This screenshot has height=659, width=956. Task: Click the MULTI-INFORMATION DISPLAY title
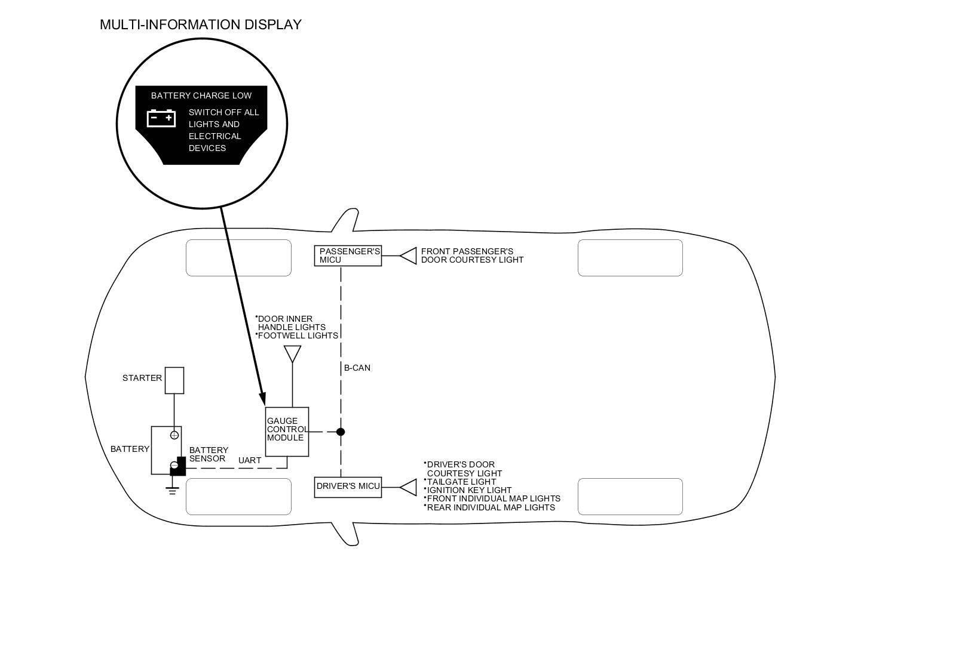200,24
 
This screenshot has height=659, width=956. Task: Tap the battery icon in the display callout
161,118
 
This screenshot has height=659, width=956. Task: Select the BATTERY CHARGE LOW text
201,96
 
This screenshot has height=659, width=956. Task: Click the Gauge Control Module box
287,432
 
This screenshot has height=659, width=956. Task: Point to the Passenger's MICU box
348,255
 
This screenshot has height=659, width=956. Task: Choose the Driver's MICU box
348,486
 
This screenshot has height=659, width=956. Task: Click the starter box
174,380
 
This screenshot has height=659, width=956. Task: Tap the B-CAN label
357,368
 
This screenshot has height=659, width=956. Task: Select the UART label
250,460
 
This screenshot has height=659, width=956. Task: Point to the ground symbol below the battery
173,491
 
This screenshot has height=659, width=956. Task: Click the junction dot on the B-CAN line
341,432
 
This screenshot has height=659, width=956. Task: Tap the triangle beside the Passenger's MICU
409,255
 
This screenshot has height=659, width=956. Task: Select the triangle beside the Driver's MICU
409,487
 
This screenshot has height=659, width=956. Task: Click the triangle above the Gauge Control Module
292,353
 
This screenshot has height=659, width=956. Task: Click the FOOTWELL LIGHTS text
298,335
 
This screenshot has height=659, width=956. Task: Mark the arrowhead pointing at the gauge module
262,399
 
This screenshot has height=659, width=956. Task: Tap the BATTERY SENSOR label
209,454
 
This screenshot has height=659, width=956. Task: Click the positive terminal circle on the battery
174,435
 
